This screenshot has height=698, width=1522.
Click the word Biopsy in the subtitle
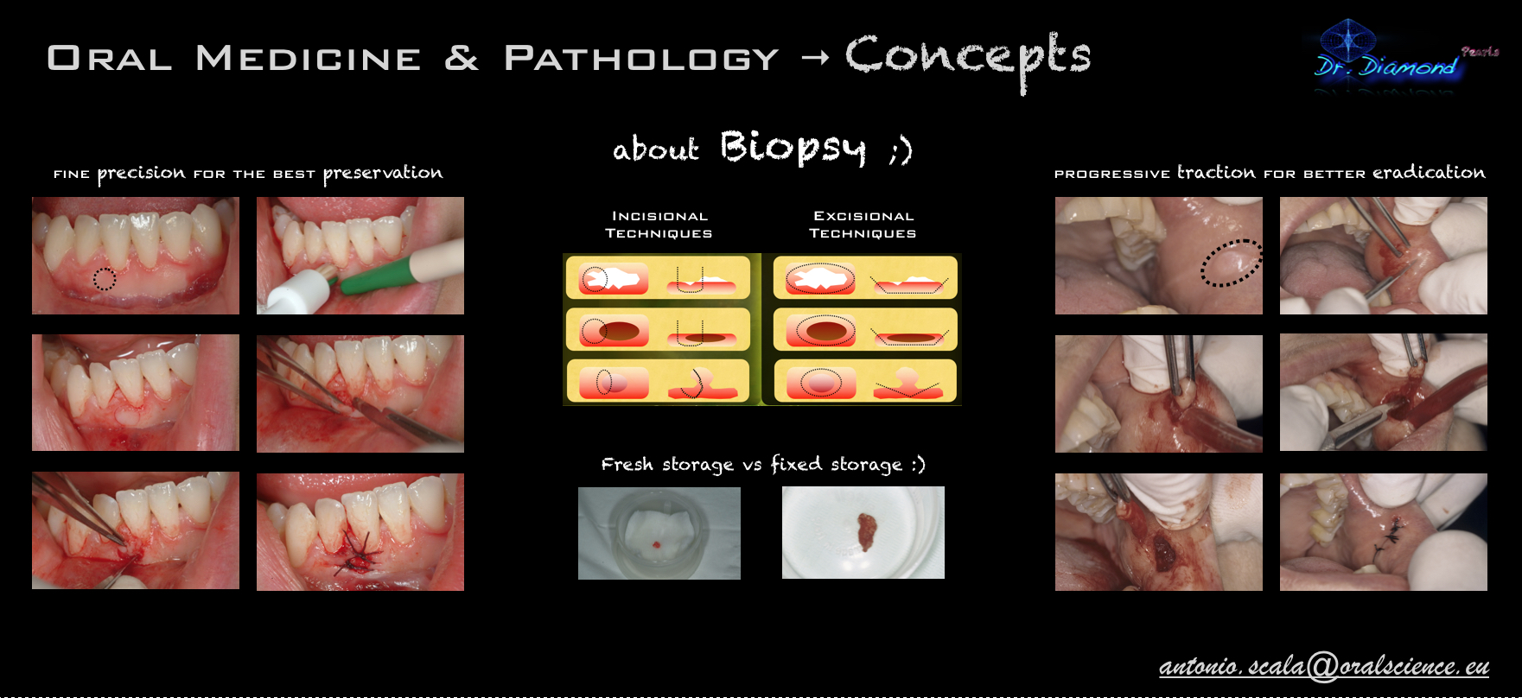pos(793,148)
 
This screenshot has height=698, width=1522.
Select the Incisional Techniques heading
pos(659,225)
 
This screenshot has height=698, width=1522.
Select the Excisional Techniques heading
pos(863,225)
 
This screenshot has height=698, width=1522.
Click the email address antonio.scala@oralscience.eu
pos(1324,665)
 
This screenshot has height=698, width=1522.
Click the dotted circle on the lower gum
pos(105,279)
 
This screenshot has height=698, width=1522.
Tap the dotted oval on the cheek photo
pos(1232,263)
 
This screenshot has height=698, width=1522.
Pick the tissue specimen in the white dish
pos(865,532)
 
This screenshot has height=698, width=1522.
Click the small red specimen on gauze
pos(656,544)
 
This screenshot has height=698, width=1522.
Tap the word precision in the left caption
pos(141,174)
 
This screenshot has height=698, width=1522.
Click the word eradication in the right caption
pos(1429,172)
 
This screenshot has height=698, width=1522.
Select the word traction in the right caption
pos(1216,172)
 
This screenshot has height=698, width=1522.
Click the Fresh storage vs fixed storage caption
pos(763,465)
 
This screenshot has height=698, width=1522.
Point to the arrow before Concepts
pos(815,58)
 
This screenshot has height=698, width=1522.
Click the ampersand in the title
pos(462,59)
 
